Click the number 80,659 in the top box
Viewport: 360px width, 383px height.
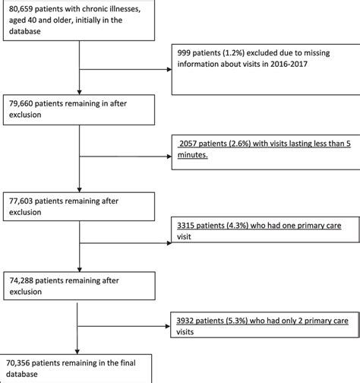(17, 9)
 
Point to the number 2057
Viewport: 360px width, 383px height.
(190, 142)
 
